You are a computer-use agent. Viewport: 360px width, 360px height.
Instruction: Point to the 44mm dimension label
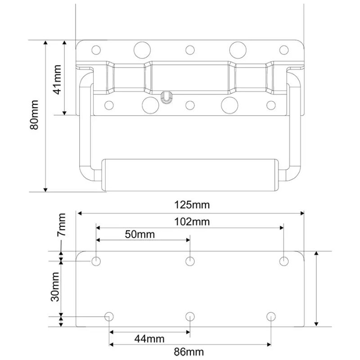[x=149, y=339]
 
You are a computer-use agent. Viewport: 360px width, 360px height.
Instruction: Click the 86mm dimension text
[x=189, y=351]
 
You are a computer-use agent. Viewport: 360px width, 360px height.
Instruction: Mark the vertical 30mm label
[x=55, y=287]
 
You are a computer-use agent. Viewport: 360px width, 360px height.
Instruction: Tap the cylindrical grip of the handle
[x=189, y=175]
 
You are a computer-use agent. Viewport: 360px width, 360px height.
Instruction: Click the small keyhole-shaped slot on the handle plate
[x=166, y=96]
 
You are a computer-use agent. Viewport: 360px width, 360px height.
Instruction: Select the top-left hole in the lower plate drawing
[x=96, y=261]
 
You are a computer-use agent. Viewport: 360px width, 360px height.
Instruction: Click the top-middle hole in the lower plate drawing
[x=190, y=261]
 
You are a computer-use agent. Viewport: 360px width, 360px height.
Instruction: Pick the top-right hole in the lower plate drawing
[x=284, y=261]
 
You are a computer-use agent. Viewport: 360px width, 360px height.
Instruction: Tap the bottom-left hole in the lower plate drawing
[x=109, y=316]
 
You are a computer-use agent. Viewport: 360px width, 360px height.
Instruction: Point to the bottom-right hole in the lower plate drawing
[x=270, y=316]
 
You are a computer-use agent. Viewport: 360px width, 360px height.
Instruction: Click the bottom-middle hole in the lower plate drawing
[x=190, y=316]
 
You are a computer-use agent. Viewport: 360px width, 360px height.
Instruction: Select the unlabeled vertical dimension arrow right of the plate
[x=317, y=288]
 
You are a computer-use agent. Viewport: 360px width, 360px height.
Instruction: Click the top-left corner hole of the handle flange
[x=95, y=49]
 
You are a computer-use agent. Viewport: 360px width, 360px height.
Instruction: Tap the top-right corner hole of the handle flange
[x=283, y=49]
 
